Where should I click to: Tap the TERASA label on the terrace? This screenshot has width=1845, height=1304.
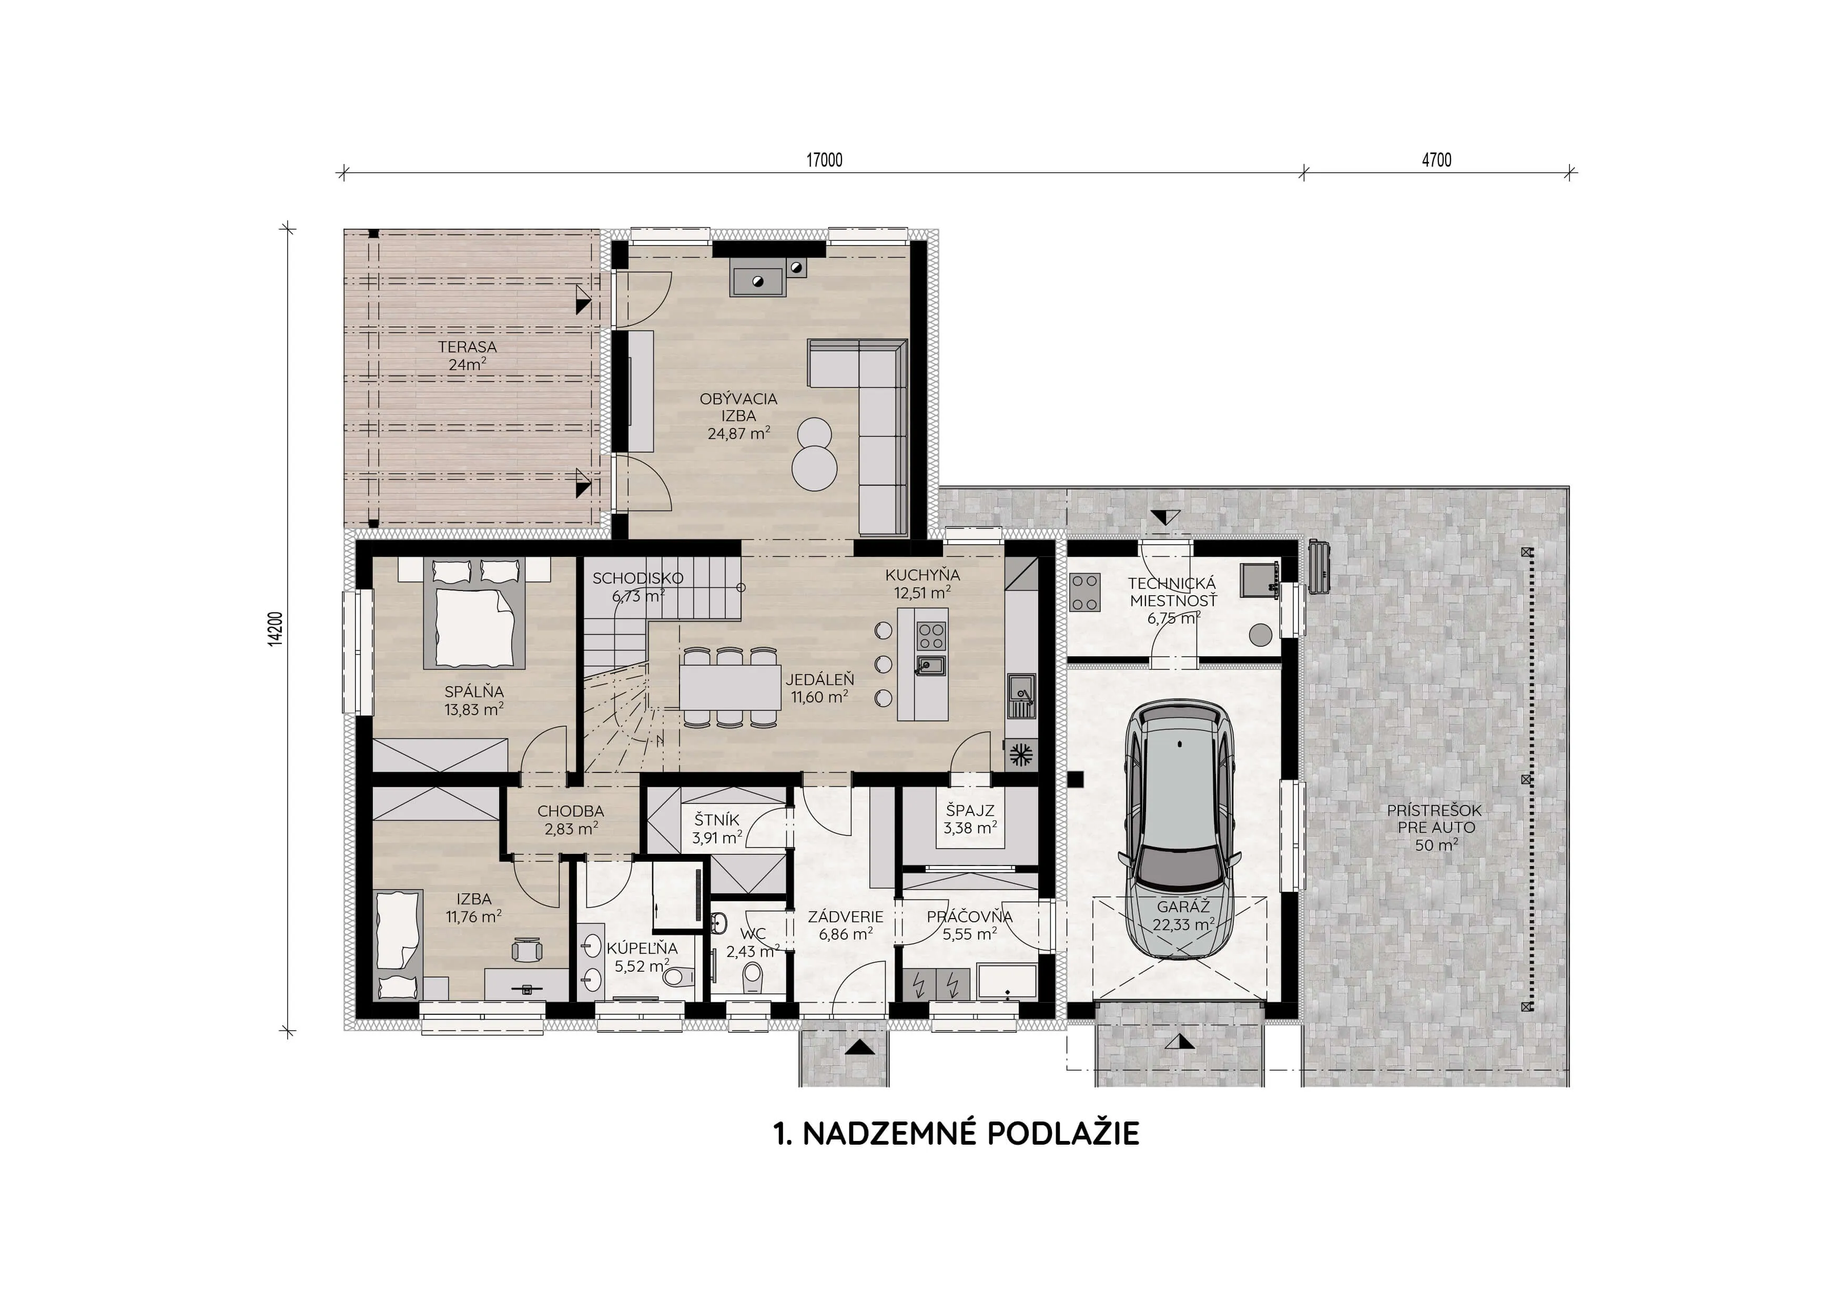(x=467, y=347)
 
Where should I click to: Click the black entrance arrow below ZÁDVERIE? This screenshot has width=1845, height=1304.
(x=858, y=1047)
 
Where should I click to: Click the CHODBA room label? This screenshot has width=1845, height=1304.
(x=571, y=811)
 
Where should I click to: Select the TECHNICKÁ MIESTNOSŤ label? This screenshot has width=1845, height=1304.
(x=1172, y=592)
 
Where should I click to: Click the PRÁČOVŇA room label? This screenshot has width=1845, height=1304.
(x=969, y=916)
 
